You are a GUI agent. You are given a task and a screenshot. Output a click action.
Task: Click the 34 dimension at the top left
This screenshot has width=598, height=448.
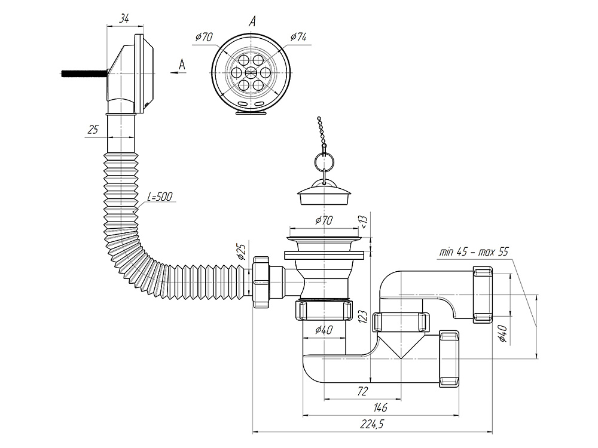coord(124,19)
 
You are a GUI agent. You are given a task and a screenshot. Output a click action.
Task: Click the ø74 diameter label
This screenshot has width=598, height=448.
coord(298,37)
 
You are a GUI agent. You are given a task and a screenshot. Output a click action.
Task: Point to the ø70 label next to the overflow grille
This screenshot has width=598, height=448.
coord(204,37)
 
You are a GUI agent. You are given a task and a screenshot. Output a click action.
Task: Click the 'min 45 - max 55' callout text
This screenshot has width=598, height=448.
coord(473,252)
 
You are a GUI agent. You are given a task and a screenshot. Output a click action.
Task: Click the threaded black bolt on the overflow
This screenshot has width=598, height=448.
coord(84,74)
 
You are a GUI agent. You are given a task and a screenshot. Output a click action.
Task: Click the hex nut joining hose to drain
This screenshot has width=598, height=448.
coord(261,282)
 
